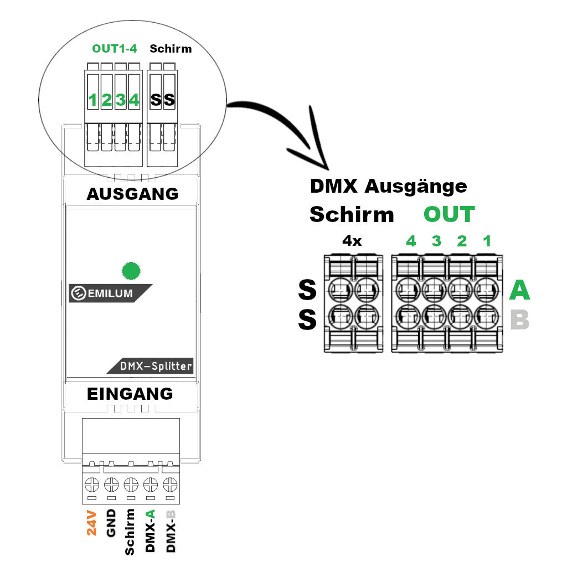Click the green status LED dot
[x=131, y=271]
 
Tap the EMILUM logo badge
[x=110, y=293]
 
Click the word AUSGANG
[x=132, y=194]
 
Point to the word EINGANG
[x=130, y=394]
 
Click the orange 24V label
[x=91, y=523]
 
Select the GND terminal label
[x=111, y=523]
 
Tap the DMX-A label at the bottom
[x=150, y=530]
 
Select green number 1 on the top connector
[x=93, y=100]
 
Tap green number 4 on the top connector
[x=133, y=100]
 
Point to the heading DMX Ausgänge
[x=388, y=187]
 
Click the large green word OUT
[x=449, y=214]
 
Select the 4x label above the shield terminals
[x=352, y=241]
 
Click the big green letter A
[x=519, y=290]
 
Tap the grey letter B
[x=519, y=320]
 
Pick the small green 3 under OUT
[x=436, y=241]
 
